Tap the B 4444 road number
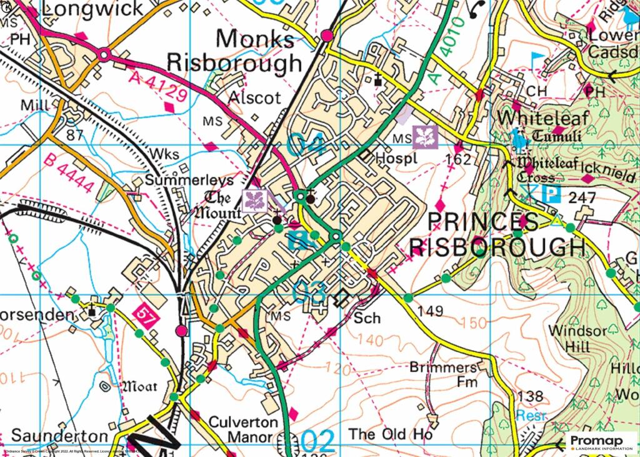70,174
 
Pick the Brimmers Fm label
444,374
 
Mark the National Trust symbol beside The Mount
255,201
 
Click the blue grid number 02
318,441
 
